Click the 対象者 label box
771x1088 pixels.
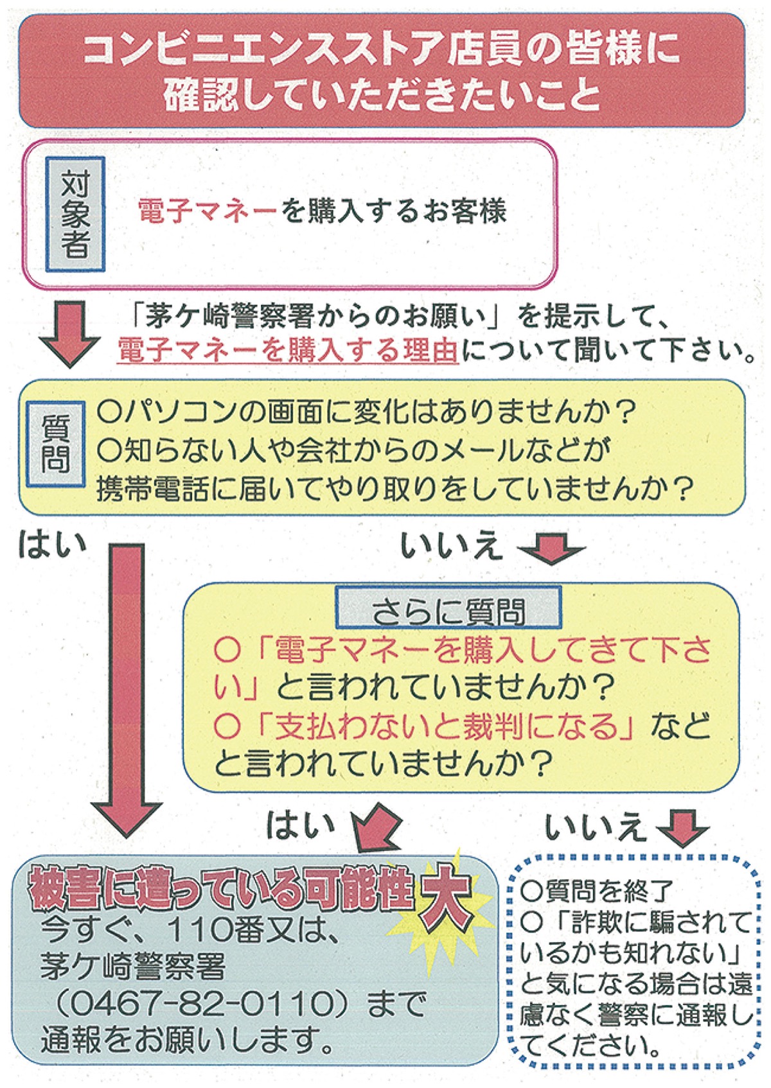[x=75, y=214]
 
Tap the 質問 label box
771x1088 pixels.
[x=55, y=444]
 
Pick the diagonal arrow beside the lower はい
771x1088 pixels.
[x=378, y=829]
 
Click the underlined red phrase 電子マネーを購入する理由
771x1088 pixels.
[x=288, y=351]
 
